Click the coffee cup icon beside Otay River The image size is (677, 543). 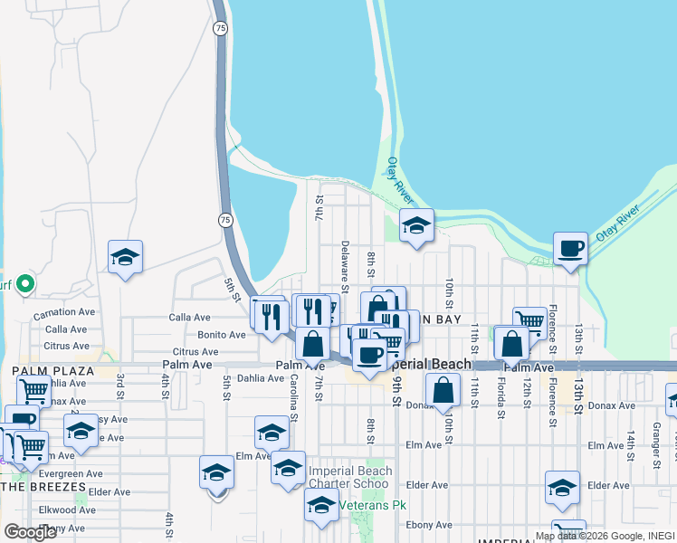click(570, 248)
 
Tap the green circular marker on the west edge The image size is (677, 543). click(26, 284)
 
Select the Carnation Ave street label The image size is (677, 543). click(63, 313)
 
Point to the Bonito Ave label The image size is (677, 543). click(222, 334)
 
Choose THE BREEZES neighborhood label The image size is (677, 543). click(43, 487)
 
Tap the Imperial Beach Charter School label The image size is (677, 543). click(350, 477)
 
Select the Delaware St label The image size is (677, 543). click(345, 262)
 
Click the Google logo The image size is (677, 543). click(30, 532)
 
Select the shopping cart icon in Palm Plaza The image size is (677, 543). click(33, 392)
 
